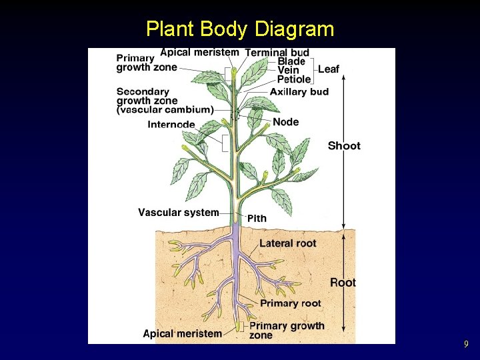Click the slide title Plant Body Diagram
[240, 29]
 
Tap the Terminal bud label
[277, 53]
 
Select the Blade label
[291, 61]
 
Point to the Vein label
[288, 71]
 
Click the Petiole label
[293, 80]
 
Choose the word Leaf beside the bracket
[329, 69]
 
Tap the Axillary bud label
[299, 92]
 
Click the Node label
[285, 122]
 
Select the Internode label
[171, 125]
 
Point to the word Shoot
[344, 146]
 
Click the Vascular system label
[179, 213]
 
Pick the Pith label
[257, 219]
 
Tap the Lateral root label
[288, 243]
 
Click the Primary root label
[290, 303]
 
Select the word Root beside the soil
[343, 283]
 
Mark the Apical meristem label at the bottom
[183, 333]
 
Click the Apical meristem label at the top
[199, 52]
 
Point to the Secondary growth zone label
[165, 101]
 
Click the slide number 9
[466, 345]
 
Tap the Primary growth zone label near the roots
[287, 330]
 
